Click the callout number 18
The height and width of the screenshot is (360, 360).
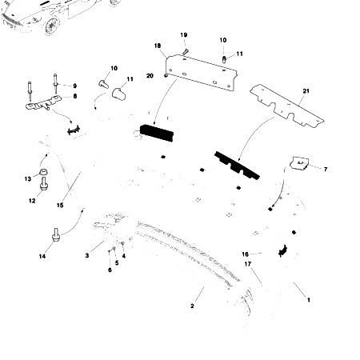(x=157, y=47)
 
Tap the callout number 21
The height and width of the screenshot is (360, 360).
(x=305, y=94)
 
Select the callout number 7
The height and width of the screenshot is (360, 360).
(x=326, y=169)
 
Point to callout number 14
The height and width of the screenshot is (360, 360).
(x=42, y=256)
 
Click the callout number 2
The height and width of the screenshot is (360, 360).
(x=192, y=306)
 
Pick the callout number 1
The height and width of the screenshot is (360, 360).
(x=310, y=298)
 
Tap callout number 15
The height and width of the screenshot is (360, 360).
(x=59, y=206)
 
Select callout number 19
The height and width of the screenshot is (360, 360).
(x=183, y=35)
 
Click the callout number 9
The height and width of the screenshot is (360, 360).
(x=74, y=86)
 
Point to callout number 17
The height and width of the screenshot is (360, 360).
(x=248, y=263)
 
